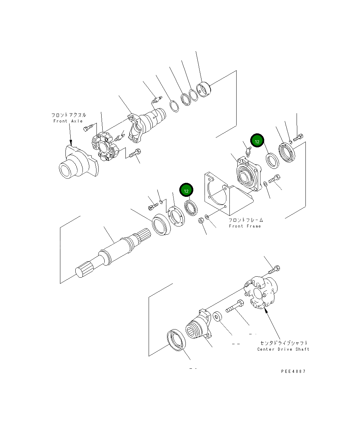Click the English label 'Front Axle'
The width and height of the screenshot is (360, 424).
[x=68, y=121]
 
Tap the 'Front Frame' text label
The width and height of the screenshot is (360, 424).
[x=245, y=226]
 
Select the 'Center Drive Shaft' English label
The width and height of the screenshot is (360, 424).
[x=283, y=349]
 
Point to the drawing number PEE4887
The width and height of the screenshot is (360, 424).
[x=293, y=371]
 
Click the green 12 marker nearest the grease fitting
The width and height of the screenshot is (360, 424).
[x=257, y=141]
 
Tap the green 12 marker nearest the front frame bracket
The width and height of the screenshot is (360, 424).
[x=186, y=191]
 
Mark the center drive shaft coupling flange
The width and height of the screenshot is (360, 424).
[x=261, y=293]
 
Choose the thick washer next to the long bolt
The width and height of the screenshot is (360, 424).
[x=217, y=316]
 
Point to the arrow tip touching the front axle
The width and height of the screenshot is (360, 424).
[x=71, y=143]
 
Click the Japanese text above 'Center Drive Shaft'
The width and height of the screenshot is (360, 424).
[x=284, y=343]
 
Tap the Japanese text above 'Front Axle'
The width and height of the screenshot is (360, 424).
[x=69, y=115]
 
